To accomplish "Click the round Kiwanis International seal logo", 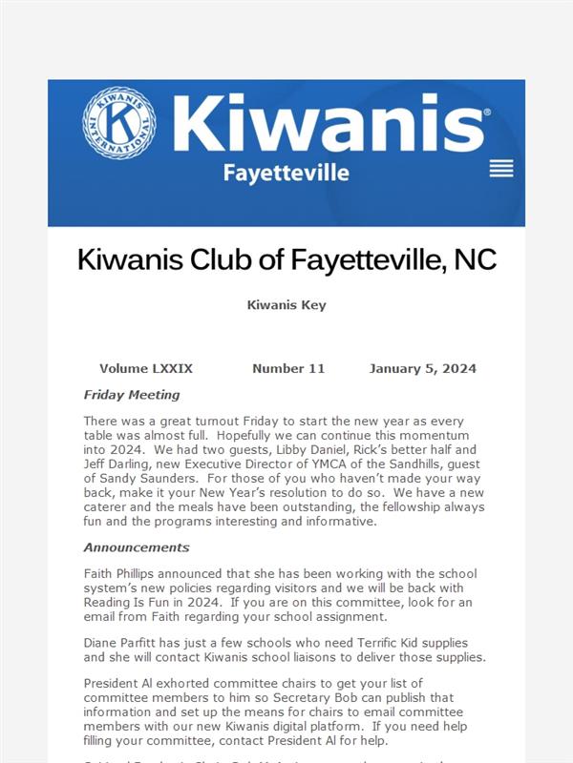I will [x=119, y=123].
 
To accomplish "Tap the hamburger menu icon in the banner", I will [x=501, y=169].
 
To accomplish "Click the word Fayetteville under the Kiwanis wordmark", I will [x=286, y=173].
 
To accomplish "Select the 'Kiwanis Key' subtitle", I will [x=286, y=305].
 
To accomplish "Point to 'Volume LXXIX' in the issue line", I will [x=146, y=368].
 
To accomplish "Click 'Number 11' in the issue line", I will [x=288, y=368].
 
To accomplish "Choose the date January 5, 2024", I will [x=422, y=368].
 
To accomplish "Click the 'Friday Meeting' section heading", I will [x=132, y=394].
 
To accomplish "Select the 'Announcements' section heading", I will [x=137, y=547].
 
